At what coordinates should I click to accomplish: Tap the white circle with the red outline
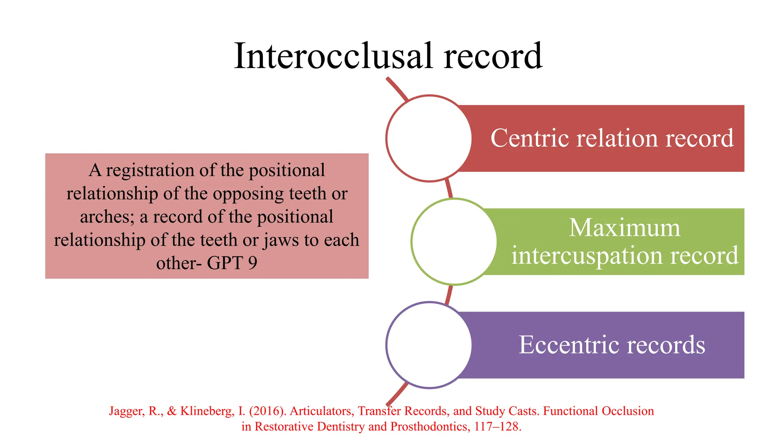pos(429,139)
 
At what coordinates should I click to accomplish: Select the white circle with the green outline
pos(454,241)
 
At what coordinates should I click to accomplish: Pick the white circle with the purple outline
pos(429,345)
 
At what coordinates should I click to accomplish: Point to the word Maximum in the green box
pos(624,228)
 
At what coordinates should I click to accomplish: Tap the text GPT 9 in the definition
pos(232,263)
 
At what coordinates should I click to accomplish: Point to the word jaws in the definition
pos(281,240)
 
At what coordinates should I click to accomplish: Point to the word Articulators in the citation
pos(322,411)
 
